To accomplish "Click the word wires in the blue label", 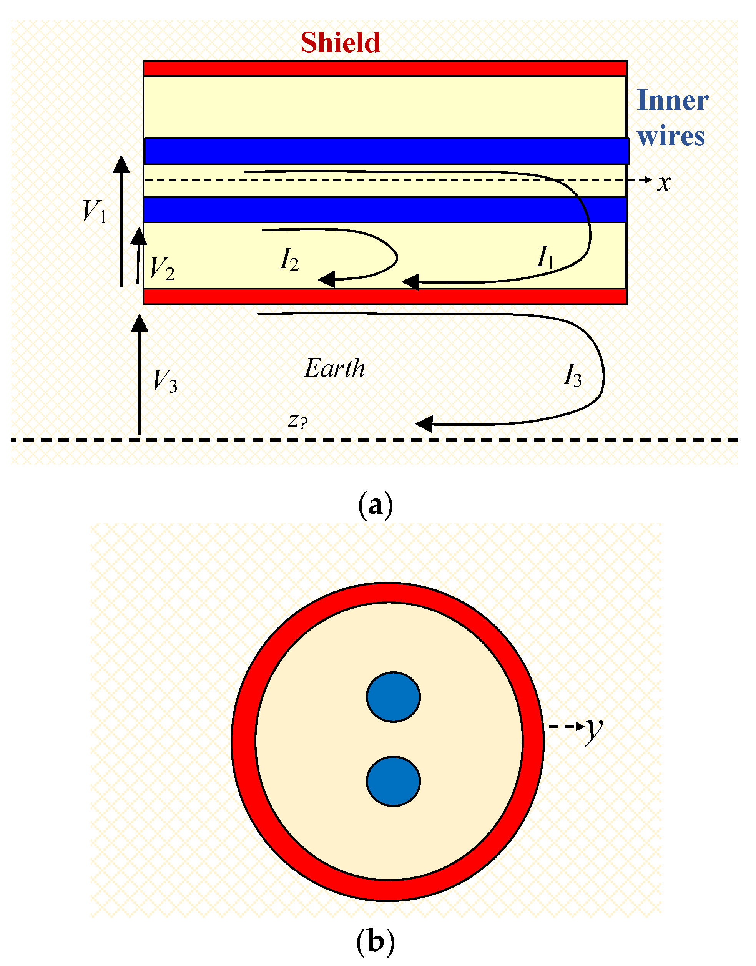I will (x=671, y=136).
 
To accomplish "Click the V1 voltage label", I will (x=95, y=211).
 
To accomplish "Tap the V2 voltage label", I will (x=162, y=268).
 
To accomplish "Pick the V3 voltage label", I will (x=164, y=380).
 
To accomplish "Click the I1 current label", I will (x=545, y=257).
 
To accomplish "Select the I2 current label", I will (x=289, y=259).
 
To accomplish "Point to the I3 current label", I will (x=572, y=376).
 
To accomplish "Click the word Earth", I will (x=335, y=368).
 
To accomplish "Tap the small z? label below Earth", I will (x=297, y=420).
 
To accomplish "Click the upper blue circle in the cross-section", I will (x=393, y=697).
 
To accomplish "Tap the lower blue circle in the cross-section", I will (x=393, y=782).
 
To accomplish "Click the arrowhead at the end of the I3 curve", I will (x=424, y=424).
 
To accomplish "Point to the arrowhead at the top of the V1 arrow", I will (x=121, y=164).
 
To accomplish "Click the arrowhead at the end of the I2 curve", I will (x=326, y=280).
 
